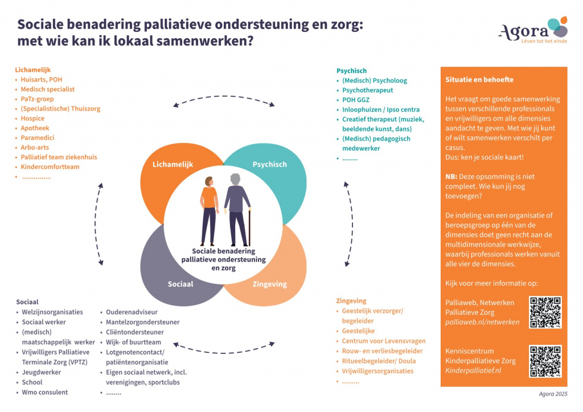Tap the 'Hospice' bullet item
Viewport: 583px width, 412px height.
pos(32,118)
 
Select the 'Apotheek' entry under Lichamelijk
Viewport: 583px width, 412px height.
pos(35,128)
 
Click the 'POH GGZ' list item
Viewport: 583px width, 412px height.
pos(356,100)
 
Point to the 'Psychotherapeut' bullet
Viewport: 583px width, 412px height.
pos(367,90)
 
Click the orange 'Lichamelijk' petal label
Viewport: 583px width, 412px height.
pos(173,164)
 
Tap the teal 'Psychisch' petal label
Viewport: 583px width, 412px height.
pos(269,164)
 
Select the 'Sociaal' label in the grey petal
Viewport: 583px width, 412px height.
pos(180,284)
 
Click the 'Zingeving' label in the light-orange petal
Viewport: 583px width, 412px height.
pos(269,284)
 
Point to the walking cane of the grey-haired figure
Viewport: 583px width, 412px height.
pos(249,228)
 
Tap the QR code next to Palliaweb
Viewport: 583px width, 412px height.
pos(545,312)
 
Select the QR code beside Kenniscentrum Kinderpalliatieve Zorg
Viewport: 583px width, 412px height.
pos(545,361)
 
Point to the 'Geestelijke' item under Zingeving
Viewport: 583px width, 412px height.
pos(358,331)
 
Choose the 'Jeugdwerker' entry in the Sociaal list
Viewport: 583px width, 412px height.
pos(41,372)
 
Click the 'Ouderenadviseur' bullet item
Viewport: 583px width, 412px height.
pos(132,312)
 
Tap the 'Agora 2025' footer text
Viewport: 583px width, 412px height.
pos(553,394)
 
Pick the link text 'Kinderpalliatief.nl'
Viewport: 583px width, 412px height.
pos(473,370)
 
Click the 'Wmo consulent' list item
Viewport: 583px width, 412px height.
pos(44,392)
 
